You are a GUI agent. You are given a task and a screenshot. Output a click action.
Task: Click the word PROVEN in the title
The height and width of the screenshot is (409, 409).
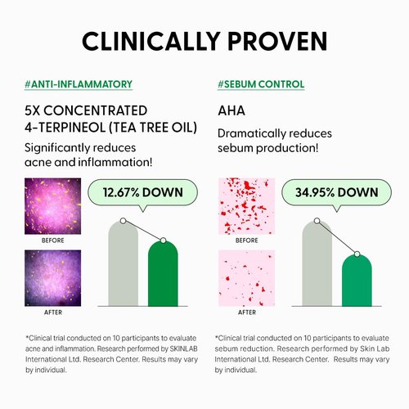277,42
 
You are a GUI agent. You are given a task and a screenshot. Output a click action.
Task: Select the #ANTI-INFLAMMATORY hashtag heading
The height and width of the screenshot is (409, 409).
79,84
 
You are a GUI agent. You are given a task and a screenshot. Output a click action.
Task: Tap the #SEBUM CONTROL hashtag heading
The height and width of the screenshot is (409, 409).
261,84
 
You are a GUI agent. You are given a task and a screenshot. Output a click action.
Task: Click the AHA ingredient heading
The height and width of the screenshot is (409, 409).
231,110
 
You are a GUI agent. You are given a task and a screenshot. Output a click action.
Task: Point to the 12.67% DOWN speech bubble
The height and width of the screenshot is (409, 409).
142,193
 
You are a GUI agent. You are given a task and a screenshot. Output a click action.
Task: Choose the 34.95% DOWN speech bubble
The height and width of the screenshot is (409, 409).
337,193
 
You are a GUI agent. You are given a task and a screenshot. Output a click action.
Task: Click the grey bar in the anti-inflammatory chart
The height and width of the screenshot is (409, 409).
124,263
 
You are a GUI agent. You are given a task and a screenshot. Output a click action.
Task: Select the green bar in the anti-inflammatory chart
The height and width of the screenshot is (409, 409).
163,273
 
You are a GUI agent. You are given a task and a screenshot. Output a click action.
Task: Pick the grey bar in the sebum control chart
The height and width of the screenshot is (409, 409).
317,263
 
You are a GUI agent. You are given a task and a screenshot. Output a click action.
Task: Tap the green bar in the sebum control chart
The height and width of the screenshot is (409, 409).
357,281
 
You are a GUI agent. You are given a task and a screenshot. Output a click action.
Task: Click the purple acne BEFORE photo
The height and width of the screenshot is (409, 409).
52,206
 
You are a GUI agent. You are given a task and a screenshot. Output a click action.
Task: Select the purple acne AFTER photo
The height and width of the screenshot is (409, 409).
52,278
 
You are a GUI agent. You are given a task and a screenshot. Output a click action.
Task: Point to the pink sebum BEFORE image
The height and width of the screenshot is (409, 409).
246,206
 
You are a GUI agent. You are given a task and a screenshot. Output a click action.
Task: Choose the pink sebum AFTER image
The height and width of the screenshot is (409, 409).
246,278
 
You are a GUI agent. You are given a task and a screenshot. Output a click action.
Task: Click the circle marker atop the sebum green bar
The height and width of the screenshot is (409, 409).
357,254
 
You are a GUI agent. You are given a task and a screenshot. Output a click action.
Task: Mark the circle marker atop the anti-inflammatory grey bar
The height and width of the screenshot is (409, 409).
123,221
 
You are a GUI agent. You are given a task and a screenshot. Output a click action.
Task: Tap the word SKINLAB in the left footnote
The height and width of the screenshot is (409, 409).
183,348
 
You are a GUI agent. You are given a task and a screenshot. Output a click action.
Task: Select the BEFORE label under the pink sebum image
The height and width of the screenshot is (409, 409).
247,240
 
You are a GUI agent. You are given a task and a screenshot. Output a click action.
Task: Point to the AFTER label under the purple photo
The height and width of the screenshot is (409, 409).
53,312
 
